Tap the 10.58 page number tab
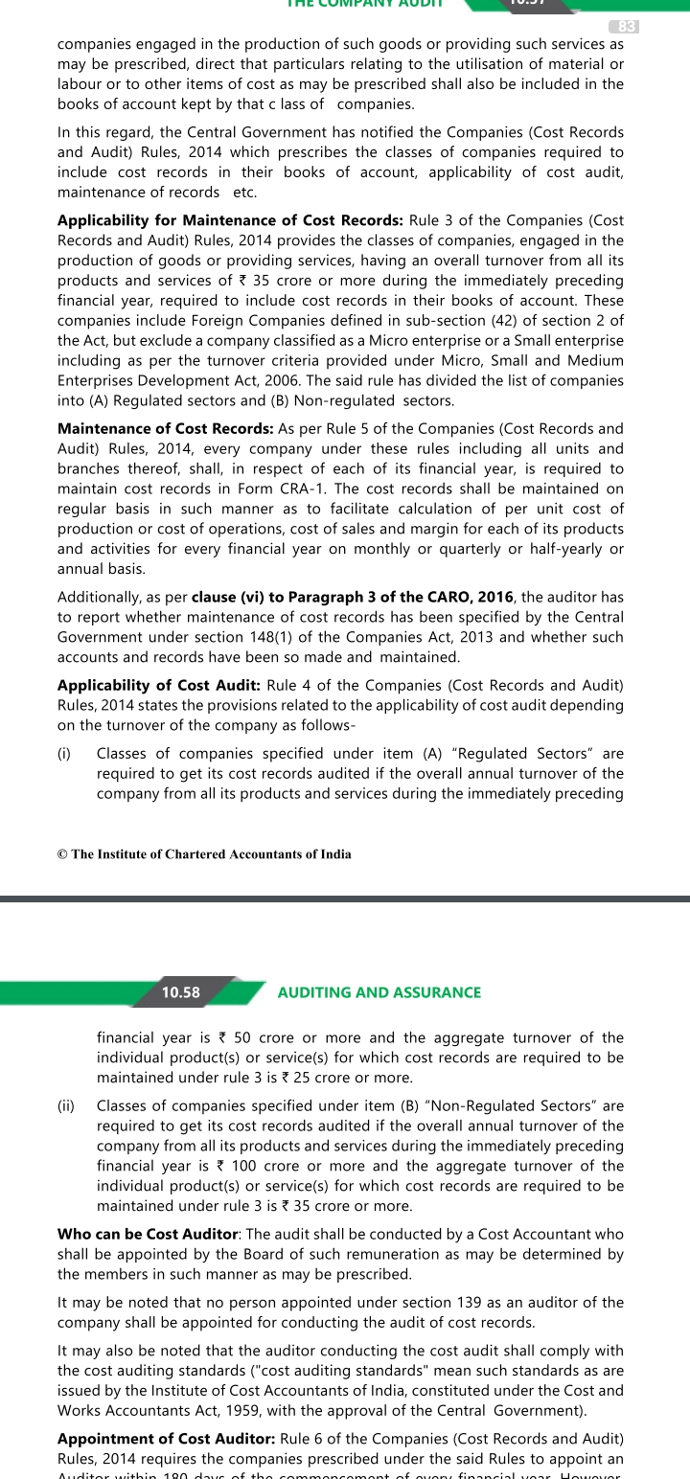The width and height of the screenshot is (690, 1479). (x=181, y=992)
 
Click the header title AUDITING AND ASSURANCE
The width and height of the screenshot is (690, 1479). (x=379, y=992)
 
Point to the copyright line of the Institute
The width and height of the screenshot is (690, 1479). (x=204, y=853)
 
